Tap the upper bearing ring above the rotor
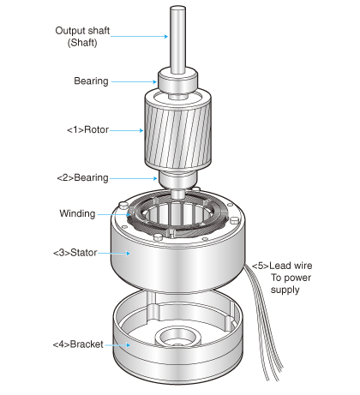pos(180,81)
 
